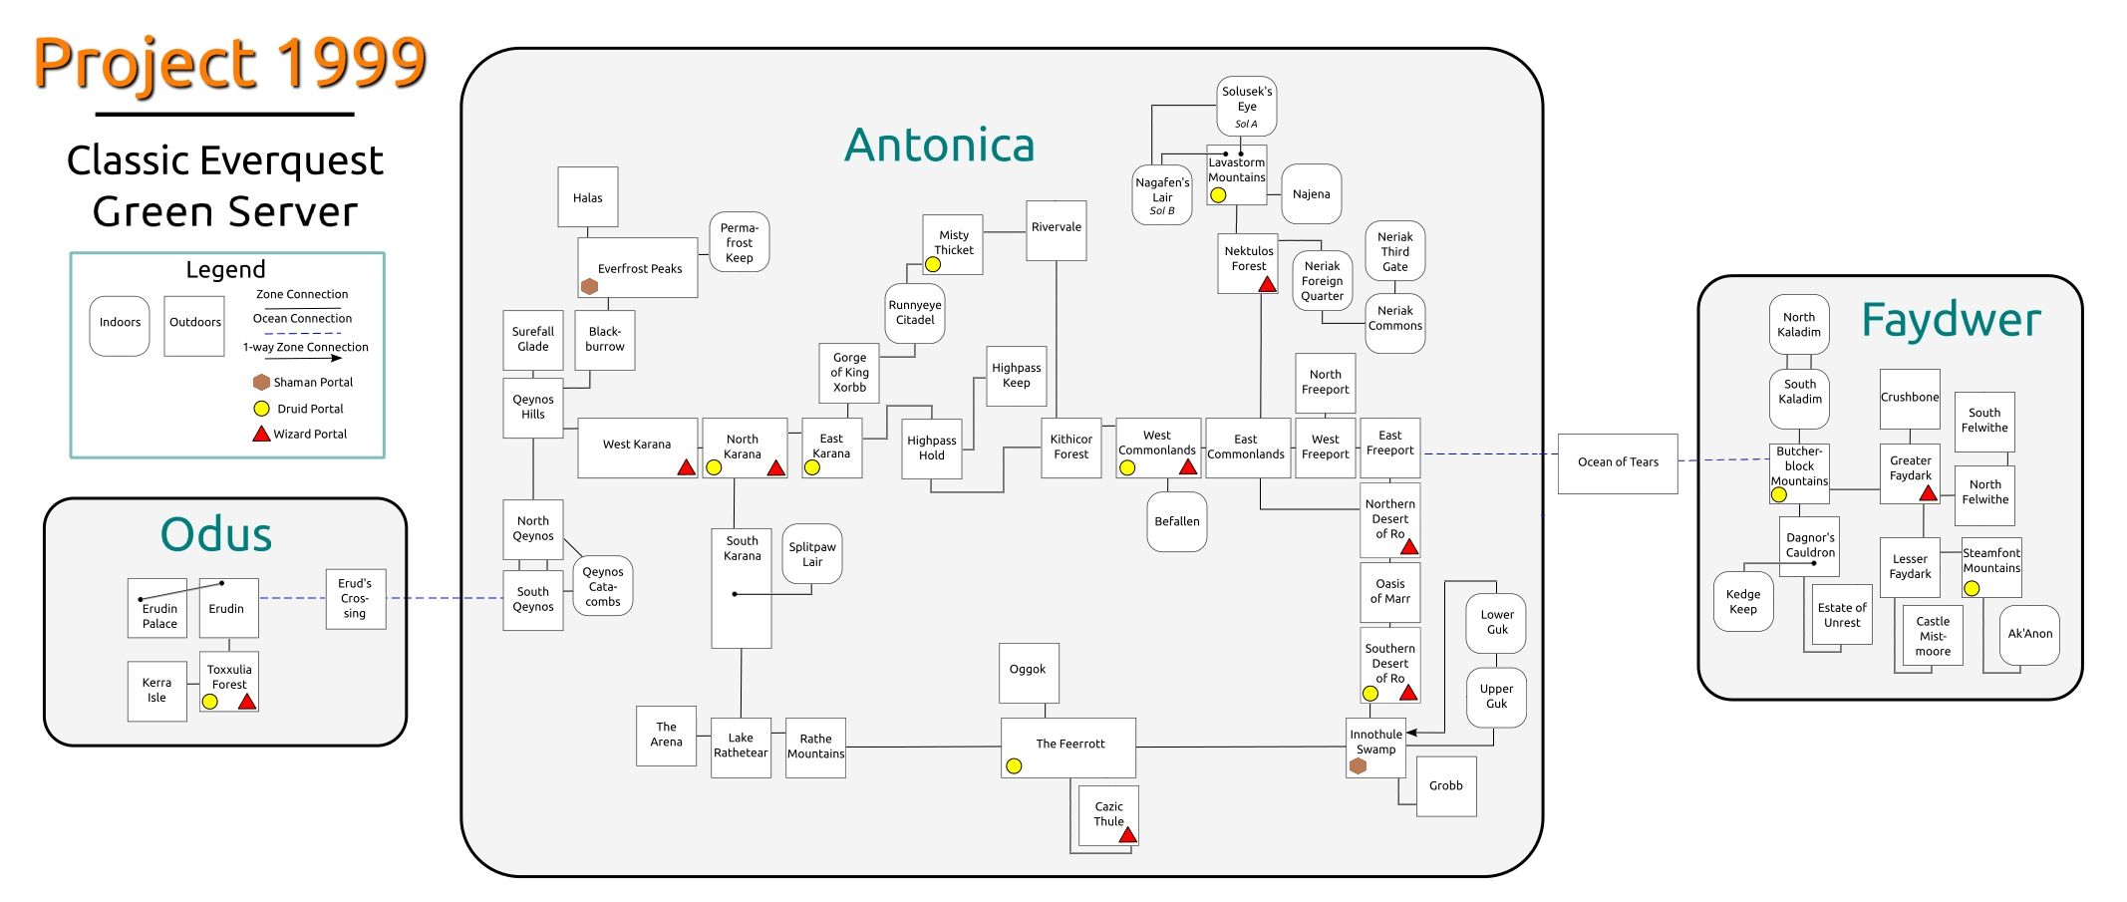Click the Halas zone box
tap(587, 197)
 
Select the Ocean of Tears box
tap(1617, 462)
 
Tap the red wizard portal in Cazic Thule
tap(1127, 835)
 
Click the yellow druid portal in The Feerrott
tap(1014, 765)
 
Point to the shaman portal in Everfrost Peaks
tap(589, 286)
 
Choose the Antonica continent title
tap(939, 146)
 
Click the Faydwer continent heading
tap(1951, 320)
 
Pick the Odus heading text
tap(216, 535)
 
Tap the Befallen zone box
tap(1176, 521)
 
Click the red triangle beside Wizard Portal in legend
tap(261, 434)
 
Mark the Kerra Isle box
tap(156, 691)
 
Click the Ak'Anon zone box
tap(2029, 634)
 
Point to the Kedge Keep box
tap(1742, 601)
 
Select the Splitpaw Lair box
tap(812, 554)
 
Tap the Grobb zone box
tap(1445, 785)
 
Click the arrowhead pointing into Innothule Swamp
tap(1411, 733)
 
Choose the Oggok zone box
tap(1028, 671)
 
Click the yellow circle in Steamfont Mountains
tap(1971, 588)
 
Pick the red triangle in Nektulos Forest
tap(1267, 284)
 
